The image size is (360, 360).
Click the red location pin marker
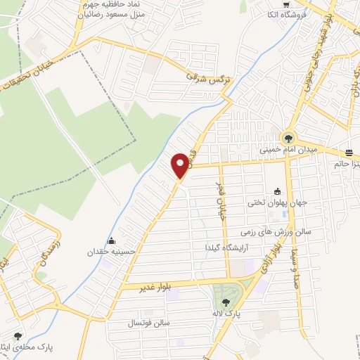pos(181,165)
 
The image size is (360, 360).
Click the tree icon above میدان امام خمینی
pos(288,138)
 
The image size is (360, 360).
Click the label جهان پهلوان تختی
pos(274,203)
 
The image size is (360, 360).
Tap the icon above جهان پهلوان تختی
pos(278,191)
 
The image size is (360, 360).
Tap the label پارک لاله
pos(226,313)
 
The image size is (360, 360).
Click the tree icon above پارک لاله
pos(226,302)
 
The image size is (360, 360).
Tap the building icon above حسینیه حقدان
pos(110,240)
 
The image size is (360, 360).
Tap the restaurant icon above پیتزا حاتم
pos(349,153)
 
